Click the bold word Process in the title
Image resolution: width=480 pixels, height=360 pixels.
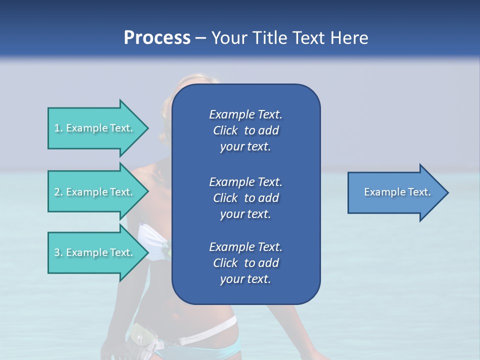pyautogui.click(x=157, y=37)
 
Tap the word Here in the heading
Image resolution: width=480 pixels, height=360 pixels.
pyautogui.click(x=349, y=37)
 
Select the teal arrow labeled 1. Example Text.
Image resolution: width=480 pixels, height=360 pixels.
pyautogui.click(x=95, y=128)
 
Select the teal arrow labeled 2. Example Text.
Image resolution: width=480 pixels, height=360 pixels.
pyautogui.click(x=95, y=192)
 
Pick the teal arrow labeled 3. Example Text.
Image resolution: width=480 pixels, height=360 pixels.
pyautogui.click(x=95, y=252)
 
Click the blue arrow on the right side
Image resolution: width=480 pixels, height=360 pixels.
pyautogui.click(x=395, y=192)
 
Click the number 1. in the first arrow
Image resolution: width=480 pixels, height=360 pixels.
pyautogui.click(x=58, y=128)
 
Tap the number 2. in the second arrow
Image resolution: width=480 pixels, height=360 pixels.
pyautogui.click(x=58, y=192)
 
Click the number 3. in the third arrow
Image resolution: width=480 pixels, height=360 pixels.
pyautogui.click(x=58, y=252)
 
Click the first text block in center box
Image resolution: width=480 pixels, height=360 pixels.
pyautogui.click(x=245, y=130)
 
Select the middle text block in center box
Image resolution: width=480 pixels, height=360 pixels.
pyautogui.click(x=245, y=197)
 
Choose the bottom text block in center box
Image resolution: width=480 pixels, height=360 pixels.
pyautogui.click(x=245, y=263)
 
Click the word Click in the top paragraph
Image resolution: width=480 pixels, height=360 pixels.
pyautogui.click(x=225, y=130)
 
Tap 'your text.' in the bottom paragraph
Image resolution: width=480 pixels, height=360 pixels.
pyautogui.click(x=245, y=279)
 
